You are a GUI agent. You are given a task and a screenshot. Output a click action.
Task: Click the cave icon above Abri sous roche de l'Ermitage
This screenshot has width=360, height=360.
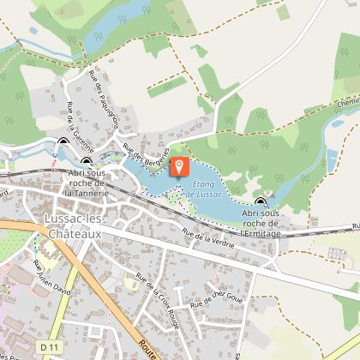click(x=260, y=201)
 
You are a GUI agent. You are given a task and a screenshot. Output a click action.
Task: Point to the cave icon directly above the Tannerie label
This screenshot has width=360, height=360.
click(x=87, y=160)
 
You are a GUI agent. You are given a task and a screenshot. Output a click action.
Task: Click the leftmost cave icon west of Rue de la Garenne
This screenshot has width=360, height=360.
click(x=63, y=143)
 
